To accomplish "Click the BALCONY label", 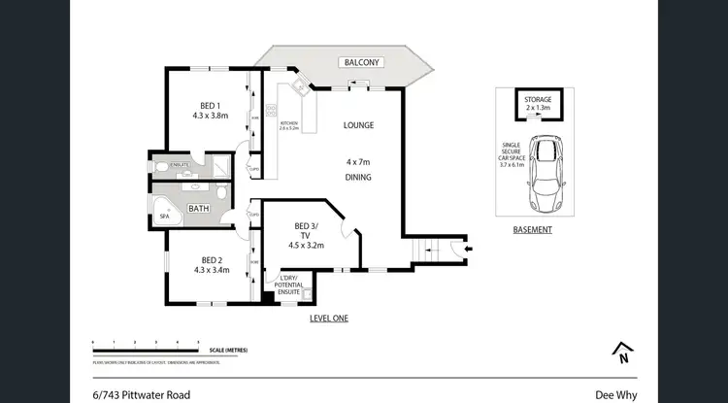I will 362,62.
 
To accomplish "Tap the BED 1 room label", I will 210,106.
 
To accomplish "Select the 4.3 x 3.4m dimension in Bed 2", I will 211,272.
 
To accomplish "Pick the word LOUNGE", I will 358,125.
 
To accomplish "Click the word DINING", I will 358,178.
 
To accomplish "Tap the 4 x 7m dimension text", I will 358,160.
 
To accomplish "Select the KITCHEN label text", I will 288,123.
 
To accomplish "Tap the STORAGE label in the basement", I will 538,99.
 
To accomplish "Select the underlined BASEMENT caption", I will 533,230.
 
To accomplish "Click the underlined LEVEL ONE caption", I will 328,319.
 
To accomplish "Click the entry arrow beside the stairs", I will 469,250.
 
